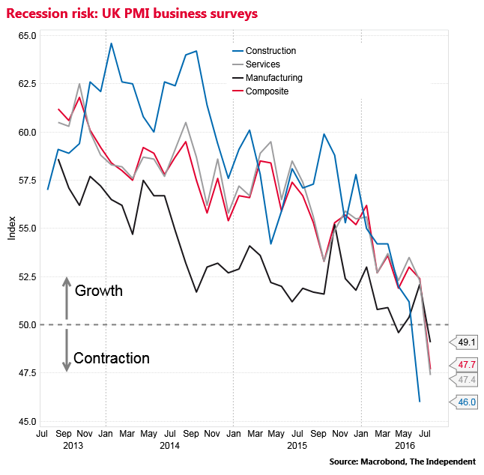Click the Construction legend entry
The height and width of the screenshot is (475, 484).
[x=264, y=51]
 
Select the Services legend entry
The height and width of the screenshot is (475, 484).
[x=256, y=64]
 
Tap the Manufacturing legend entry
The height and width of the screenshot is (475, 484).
[x=267, y=78]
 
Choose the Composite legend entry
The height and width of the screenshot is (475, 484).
[x=261, y=91]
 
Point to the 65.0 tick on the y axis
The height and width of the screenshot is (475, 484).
[x=27, y=36]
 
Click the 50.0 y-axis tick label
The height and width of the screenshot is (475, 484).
[x=27, y=324]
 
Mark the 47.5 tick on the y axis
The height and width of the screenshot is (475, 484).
[x=27, y=373]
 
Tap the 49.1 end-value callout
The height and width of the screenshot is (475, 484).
[x=464, y=342]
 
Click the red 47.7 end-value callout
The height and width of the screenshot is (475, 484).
[x=464, y=365]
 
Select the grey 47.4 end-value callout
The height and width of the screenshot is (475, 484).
[x=464, y=380]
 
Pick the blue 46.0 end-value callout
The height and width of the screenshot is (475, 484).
[x=464, y=402]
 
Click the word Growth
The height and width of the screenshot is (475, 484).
[x=99, y=291]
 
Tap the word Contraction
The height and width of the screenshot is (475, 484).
[x=112, y=358]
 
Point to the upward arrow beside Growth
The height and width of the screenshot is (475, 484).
[x=67, y=298]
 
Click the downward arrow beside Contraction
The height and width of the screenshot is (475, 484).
[x=67, y=351]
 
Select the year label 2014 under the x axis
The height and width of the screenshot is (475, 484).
[x=169, y=446]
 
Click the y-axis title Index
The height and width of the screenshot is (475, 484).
[x=12, y=229]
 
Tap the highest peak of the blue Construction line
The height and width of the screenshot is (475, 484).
[x=111, y=43]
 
